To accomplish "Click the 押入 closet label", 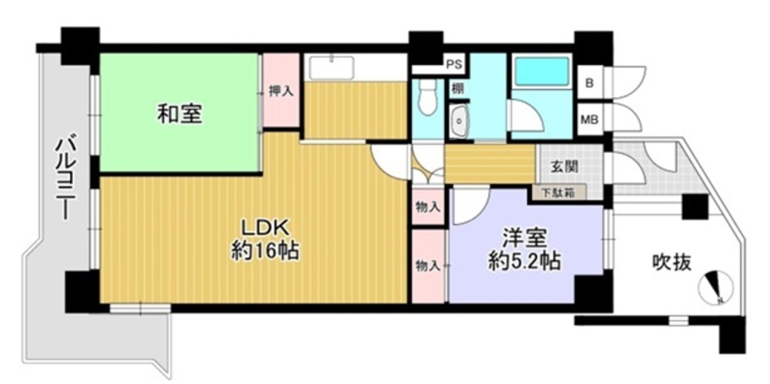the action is [281, 92].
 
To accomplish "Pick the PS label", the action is [452, 64].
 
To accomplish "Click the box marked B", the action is [590, 83].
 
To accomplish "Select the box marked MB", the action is [590, 119].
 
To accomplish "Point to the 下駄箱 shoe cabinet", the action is [559, 192].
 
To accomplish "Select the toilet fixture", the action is [428, 97].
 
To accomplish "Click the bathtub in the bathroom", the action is [541, 72].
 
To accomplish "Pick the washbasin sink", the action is [459, 121].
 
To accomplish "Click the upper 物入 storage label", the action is [427, 207].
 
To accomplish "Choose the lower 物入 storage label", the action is [427, 266].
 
